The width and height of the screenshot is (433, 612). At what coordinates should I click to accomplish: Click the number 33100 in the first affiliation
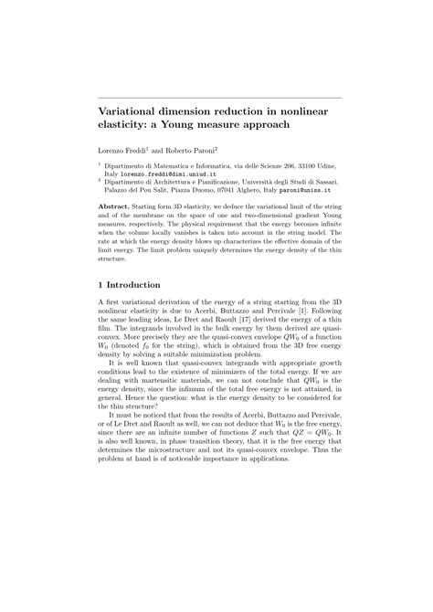302,164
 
